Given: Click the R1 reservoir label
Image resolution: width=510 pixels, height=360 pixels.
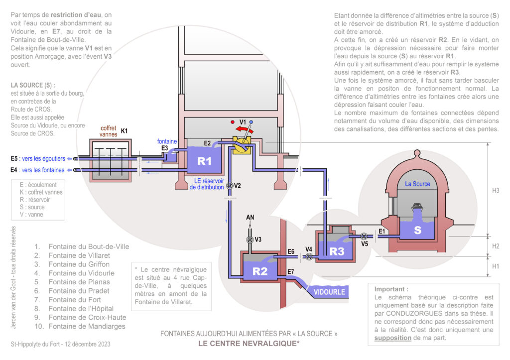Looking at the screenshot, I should (204, 161).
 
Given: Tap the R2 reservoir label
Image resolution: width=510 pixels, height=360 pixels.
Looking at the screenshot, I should (260, 271).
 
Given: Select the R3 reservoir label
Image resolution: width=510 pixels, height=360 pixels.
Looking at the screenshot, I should (337, 251).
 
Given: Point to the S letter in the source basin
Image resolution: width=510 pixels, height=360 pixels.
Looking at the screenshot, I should (417, 231).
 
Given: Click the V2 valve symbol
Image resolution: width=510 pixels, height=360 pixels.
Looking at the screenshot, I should (230, 186).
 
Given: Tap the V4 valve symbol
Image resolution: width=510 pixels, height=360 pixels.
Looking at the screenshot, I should (309, 257).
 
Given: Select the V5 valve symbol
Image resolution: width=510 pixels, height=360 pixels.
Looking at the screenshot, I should (364, 237).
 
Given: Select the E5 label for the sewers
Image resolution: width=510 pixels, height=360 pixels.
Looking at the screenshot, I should (17, 159).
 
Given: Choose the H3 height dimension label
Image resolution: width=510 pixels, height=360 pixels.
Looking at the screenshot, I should (496, 190).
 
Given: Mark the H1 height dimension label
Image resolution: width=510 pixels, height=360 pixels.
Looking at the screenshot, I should (496, 266).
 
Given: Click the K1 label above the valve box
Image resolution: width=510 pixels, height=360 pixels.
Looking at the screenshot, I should (125, 131).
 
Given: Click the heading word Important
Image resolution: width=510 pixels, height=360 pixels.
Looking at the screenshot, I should (391, 289).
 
